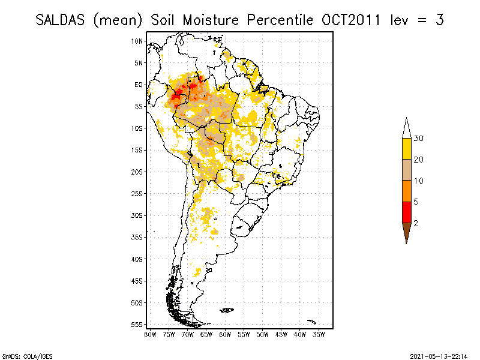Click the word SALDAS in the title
(60, 20)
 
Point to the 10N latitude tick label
(137, 41)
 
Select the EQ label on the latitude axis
(139, 85)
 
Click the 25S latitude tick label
(137, 193)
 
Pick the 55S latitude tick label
(137, 324)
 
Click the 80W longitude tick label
(150, 334)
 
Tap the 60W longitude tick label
(226, 334)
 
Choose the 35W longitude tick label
(319, 334)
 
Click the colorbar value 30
(418, 139)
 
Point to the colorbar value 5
(416, 202)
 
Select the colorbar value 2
(416, 223)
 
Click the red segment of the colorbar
(406, 212)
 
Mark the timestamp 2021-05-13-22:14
(440, 356)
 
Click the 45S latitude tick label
(137, 280)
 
